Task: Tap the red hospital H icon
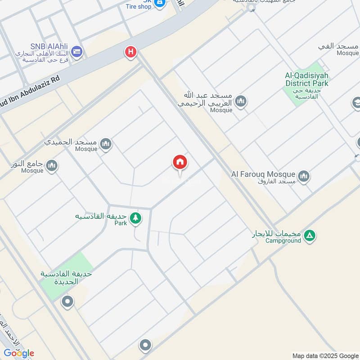pos(130,52)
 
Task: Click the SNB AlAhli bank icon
pos(76,51)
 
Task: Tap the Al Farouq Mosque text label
pos(263,174)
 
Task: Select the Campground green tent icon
pos(310,235)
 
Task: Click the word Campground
pos(283,241)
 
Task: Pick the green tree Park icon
pos(135,219)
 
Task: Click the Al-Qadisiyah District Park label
pos(307,80)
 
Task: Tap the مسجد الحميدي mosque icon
pos(106,144)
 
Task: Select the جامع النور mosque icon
pos(52,166)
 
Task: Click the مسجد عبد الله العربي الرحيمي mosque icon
pos(241,102)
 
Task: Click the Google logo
pos(18,353)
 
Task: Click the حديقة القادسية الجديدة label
pos(66,278)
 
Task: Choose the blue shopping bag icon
pos(159,3)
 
